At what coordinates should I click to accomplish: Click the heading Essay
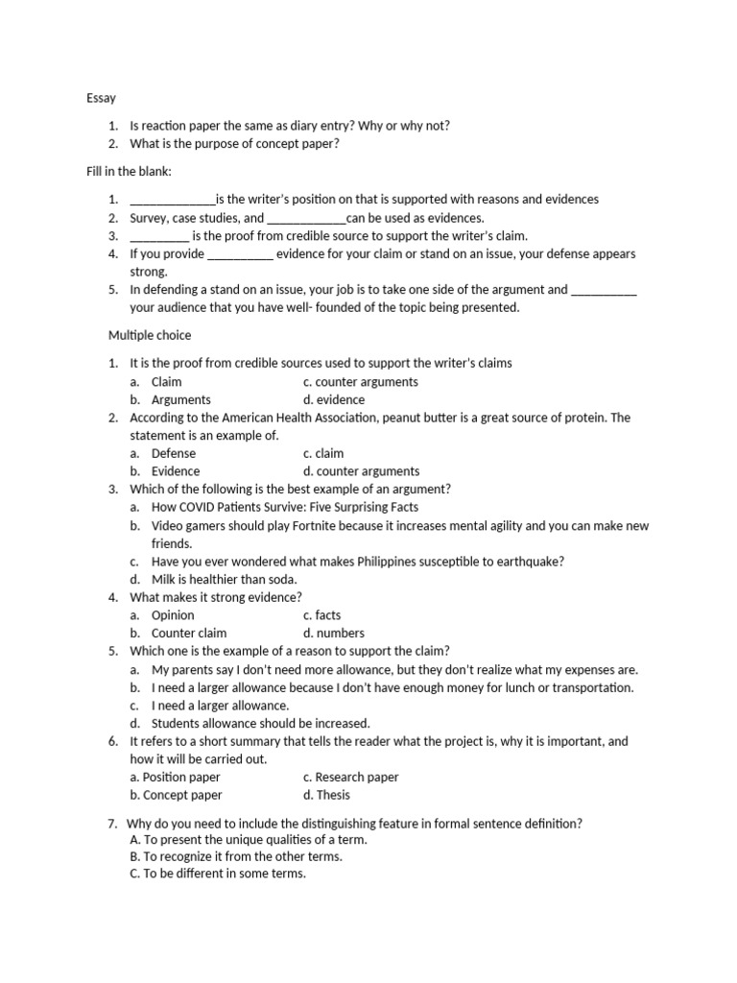pos(101,98)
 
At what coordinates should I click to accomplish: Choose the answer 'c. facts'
pos(321,615)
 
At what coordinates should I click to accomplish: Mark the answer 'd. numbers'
pos(333,634)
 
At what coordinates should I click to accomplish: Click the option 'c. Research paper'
pos(350,777)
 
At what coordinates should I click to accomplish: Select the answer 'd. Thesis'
pos(326,795)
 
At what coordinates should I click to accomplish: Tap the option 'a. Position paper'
pos(175,777)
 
